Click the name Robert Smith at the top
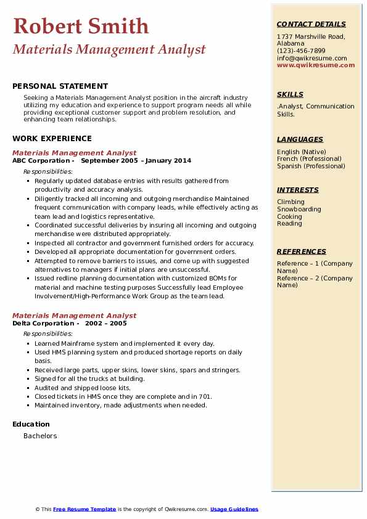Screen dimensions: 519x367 coord(81,27)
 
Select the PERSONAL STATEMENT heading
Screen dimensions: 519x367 coord(60,86)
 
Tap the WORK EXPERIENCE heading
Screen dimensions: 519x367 coord(52,139)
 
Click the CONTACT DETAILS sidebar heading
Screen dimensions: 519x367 coord(311,24)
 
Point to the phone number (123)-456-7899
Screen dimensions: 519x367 coord(301,51)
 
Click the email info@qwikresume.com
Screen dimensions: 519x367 coord(311,59)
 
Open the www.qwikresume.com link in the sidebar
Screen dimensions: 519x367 coord(316,65)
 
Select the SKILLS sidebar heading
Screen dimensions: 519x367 coord(290,94)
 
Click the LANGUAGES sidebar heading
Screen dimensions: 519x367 coord(300,139)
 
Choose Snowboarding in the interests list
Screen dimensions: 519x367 coord(299,209)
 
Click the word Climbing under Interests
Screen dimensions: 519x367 coord(291,202)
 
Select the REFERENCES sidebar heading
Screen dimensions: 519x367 coord(302,251)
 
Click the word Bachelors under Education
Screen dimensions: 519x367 coord(40,436)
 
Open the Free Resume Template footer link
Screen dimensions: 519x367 coord(85,509)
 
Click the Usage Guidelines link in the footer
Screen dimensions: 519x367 coord(234,509)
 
